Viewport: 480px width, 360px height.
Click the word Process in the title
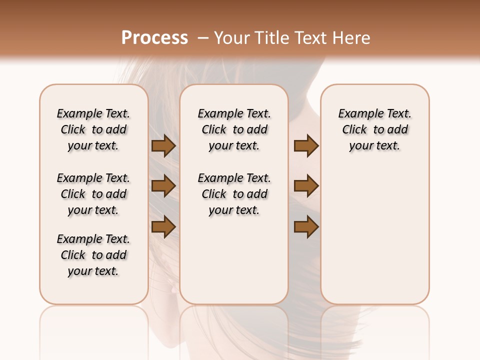pyautogui.click(x=154, y=38)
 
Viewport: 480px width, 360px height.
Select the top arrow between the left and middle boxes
pyautogui.click(x=163, y=145)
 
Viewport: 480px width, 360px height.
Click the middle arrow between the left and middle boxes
pyautogui.click(x=163, y=186)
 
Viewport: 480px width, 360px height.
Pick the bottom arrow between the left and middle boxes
pyautogui.click(x=163, y=227)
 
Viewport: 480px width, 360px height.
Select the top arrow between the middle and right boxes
pyautogui.click(x=306, y=145)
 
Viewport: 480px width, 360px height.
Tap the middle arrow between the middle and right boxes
pyautogui.click(x=306, y=186)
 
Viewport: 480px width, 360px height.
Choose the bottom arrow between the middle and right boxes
pyautogui.click(x=306, y=227)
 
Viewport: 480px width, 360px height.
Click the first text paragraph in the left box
pyautogui.click(x=93, y=129)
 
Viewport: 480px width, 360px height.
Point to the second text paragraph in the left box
pyautogui.click(x=93, y=194)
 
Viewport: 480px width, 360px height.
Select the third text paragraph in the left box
pyautogui.click(x=93, y=255)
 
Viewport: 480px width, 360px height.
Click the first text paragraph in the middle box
pyautogui.click(x=234, y=129)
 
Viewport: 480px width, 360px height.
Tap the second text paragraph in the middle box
pyautogui.click(x=234, y=194)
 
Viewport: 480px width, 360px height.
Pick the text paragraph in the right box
pyautogui.click(x=374, y=129)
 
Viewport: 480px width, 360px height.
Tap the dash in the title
pyautogui.click(x=202, y=38)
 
